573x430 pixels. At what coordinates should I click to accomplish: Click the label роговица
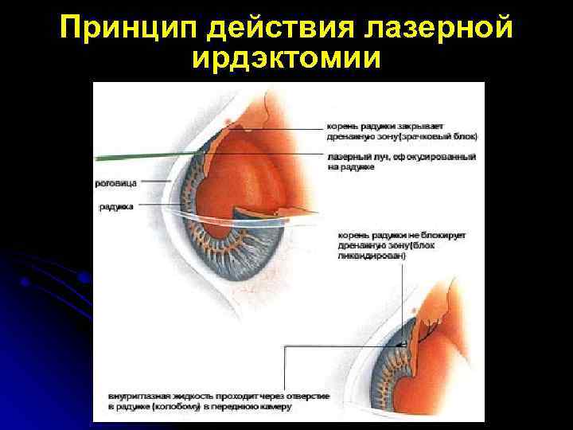pos(116,182)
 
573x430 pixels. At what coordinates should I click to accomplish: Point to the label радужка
pos(116,206)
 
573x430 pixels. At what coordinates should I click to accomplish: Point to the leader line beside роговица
pos(155,182)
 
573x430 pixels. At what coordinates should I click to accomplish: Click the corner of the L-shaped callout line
pos(284,345)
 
